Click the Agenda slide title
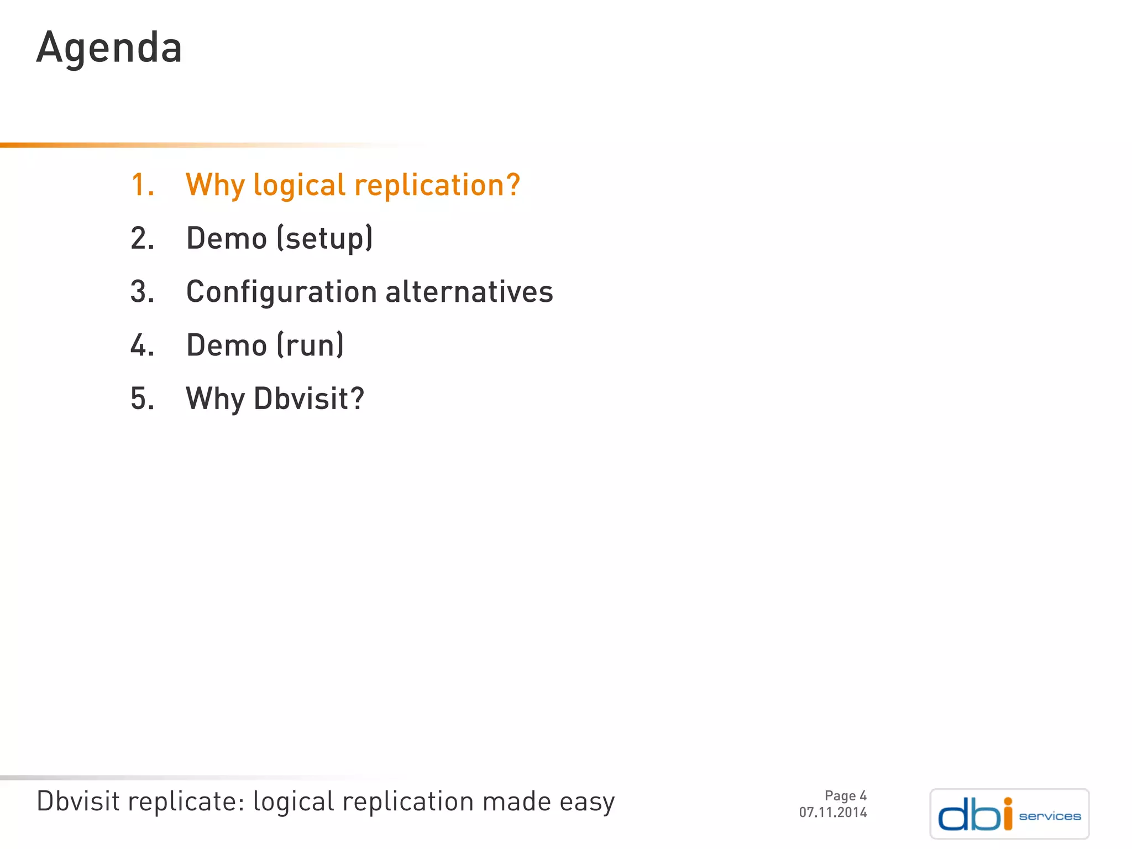[109, 48]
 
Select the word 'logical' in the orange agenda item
[299, 186]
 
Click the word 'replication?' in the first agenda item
[437, 186]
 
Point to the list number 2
[141, 238]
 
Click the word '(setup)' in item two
[324, 239]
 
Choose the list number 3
[141, 292]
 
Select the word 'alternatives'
[469, 292]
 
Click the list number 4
[141, 345]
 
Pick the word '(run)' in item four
[310, 345]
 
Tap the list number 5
[141, 399]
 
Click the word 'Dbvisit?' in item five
[309, 399]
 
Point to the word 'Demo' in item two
[227, 238]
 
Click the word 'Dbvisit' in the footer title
[77, 801]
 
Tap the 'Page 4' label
[845, 796]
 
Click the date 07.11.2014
[832, 813]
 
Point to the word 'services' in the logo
[1050, 816]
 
